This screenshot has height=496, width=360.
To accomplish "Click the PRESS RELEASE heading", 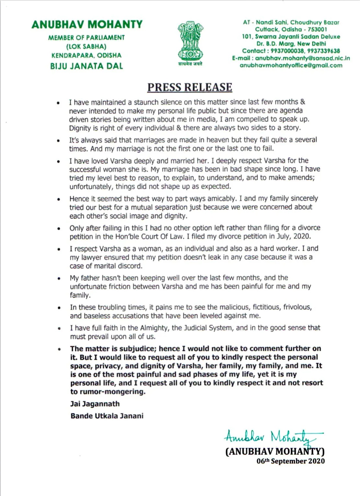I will pyautogui.click(x=190, y=87).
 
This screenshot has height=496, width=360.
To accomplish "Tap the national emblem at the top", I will pyautogui.click(x=190, y=42).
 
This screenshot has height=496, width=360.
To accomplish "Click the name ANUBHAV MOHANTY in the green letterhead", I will pyautogui.click(x=87, y=25).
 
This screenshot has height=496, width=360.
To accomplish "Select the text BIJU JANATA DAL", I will pyautogui.click(x=87, y=66).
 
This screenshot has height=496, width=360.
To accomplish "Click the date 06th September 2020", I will pyautogui.click(x=290, y=461).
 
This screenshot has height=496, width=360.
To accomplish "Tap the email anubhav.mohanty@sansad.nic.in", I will pyautogui.click(x=302, y=58).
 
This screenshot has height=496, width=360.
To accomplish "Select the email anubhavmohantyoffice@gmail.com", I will pyautogui.click(x=291, y=65).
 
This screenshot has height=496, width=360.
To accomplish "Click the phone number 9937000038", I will pyautogui.click(x=287, y=51).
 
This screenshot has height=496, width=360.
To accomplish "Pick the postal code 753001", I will pyautogui.click(x=317, y=29).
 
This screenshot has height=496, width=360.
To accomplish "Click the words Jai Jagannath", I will pyautogui.click(x=95, y=404).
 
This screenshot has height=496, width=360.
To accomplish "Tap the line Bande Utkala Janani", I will pyautogui.click(x=107, y=416).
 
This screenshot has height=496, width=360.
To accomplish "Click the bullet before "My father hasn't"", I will pyautogui.click(x=59, y=278).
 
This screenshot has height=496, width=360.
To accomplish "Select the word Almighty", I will pyautogui.click(x=154, y=328).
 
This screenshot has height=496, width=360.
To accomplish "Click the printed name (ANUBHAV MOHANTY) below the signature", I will pyautogui.click(x=275, y=451).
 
